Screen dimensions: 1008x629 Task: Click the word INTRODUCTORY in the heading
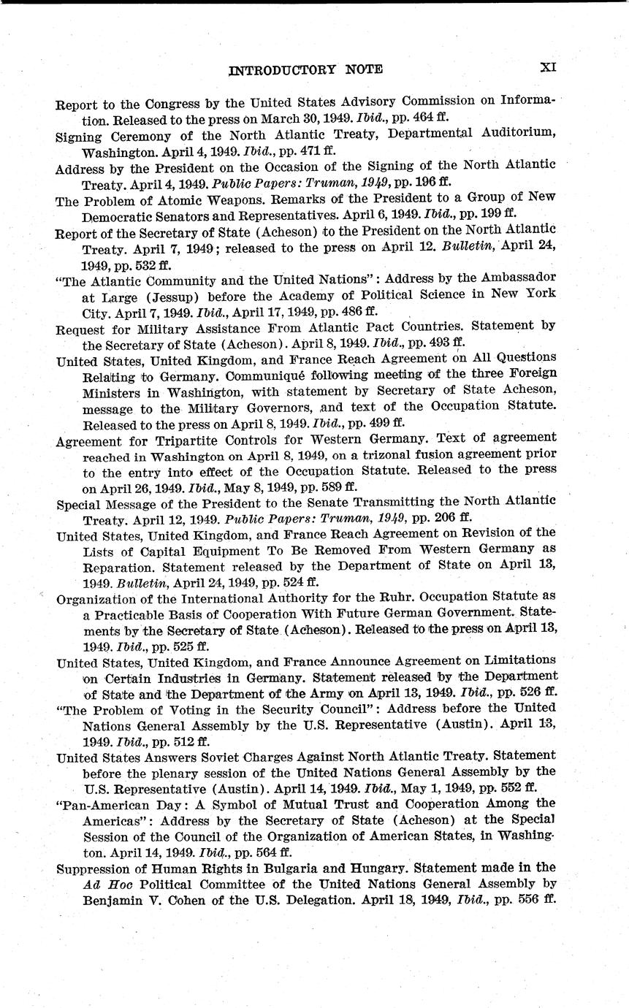click(x=275, y=69)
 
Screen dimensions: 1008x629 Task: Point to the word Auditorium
click(x=512, y=136)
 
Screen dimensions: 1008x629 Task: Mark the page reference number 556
click(x=526, y=899)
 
